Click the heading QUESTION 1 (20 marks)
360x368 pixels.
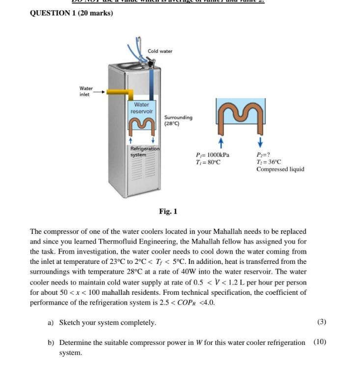click(x=71, y=13)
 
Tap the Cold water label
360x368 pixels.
click(x=160, y=51)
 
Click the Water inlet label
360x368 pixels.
click(x=85, y=91)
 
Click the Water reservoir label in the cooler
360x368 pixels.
click(x=141, y=108)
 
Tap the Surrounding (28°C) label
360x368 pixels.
click(x=178, y=120)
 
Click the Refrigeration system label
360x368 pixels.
click(x=144, y=151)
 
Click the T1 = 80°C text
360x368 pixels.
click(x=208, y=162)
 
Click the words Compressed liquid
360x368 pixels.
click(x=280, y=169)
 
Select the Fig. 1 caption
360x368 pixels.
click(x=168, y=211)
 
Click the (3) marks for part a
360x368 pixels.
click(x=322, y=322)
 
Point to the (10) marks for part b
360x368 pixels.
click(x=319, y=342)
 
